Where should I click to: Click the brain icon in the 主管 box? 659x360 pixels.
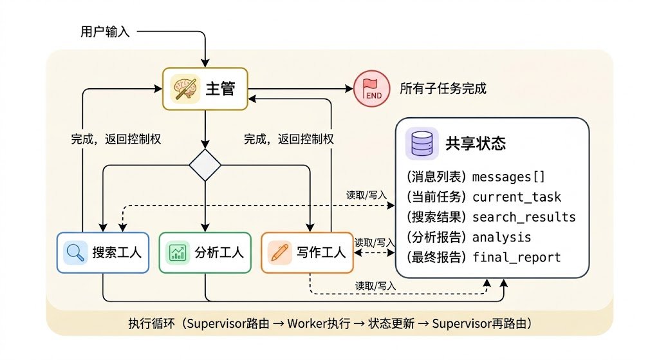(185, 89)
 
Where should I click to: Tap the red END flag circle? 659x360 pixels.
(371, 89)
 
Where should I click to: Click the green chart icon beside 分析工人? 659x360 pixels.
(178, 252)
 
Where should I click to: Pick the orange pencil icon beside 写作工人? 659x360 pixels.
(279, 252)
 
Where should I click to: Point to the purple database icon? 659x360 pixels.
(422, 144)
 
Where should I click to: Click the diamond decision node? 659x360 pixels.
(205, 165)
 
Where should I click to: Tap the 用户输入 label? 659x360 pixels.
(105, 32)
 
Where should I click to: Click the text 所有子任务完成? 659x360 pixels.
(443, 89)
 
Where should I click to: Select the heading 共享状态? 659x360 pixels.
(476, 144)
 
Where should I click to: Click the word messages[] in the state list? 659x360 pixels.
(508, 177)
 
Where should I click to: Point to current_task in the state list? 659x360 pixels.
(517, 197)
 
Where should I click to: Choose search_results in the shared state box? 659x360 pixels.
(524, 217)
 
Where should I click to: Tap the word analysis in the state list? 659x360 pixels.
(501, 237)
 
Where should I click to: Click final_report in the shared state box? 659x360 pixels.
(517, 257)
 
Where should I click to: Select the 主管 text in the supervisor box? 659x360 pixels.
(220, 89)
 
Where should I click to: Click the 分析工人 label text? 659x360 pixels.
(219, 252)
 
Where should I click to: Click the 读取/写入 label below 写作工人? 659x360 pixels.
(375, 286)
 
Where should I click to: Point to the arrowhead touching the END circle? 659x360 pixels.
(349, 89)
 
